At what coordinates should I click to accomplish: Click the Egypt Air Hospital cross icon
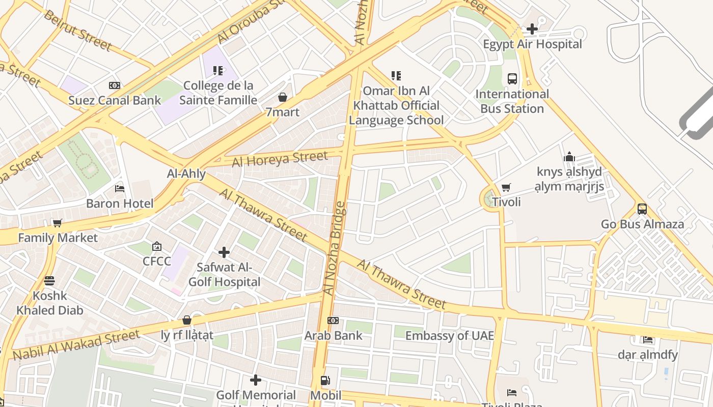[532, 29]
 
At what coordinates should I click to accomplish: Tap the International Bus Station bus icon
[512, 79]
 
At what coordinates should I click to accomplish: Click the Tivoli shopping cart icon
[506, 188]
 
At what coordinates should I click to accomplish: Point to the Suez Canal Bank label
[115, 100]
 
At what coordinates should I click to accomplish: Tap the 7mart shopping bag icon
[283, 97]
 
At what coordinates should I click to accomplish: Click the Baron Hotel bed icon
[120, 189]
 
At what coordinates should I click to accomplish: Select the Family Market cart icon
[58, 223]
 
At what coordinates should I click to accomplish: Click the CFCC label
[157, 261]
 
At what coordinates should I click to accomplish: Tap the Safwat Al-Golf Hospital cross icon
[224, 252]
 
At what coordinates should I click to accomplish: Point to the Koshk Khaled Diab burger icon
[49, 281]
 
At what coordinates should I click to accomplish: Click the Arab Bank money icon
[333, 321]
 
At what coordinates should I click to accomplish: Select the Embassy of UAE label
[449, 335]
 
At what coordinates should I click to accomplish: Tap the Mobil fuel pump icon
[325, 381]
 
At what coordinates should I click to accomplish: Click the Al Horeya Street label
[280, 159]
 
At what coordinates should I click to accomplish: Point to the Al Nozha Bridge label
[335, 248]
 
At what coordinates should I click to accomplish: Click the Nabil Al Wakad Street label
[76, 345]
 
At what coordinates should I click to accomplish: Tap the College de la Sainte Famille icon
[218, 71]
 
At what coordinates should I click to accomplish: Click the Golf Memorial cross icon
[256, 380]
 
